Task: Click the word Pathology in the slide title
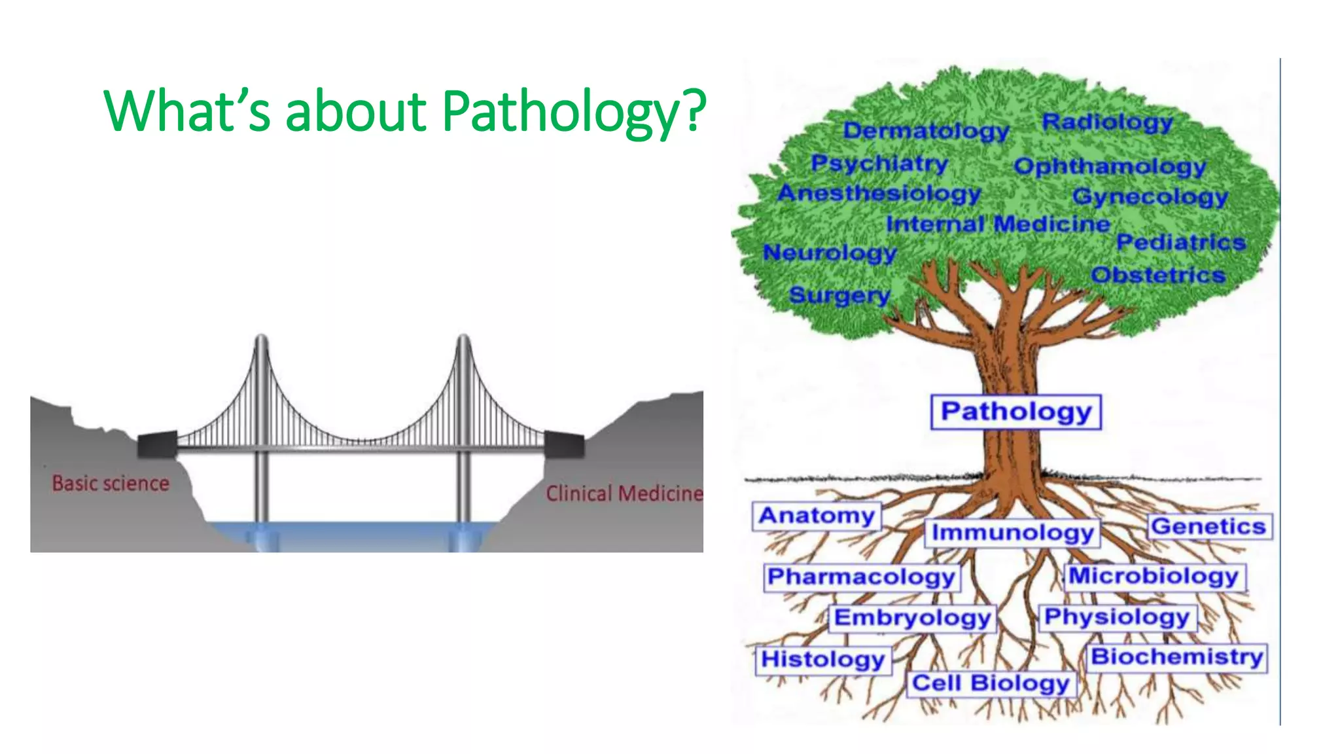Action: click(573, 111)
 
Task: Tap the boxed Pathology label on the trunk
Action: click(1015, 412)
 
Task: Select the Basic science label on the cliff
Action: click(111, 483)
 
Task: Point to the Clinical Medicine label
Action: click(624, 493)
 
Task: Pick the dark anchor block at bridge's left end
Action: click(157, 444)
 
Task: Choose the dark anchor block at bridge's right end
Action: click(564, 444)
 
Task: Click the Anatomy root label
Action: click(817, 516)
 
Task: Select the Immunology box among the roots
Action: click(1012, 533)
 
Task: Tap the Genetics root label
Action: click(1208, 526)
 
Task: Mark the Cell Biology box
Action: click(991, 683)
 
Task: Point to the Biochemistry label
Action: click(1176, 656)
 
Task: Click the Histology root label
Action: click(822, 659)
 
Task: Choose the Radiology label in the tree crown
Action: click(1107, 122)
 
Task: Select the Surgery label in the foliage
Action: click(839, 295)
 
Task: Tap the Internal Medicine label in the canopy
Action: click(998, 224)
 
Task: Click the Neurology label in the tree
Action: click(830, 252)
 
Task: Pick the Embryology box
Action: click(912, 618)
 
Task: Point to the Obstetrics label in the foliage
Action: click(1158, 275)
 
